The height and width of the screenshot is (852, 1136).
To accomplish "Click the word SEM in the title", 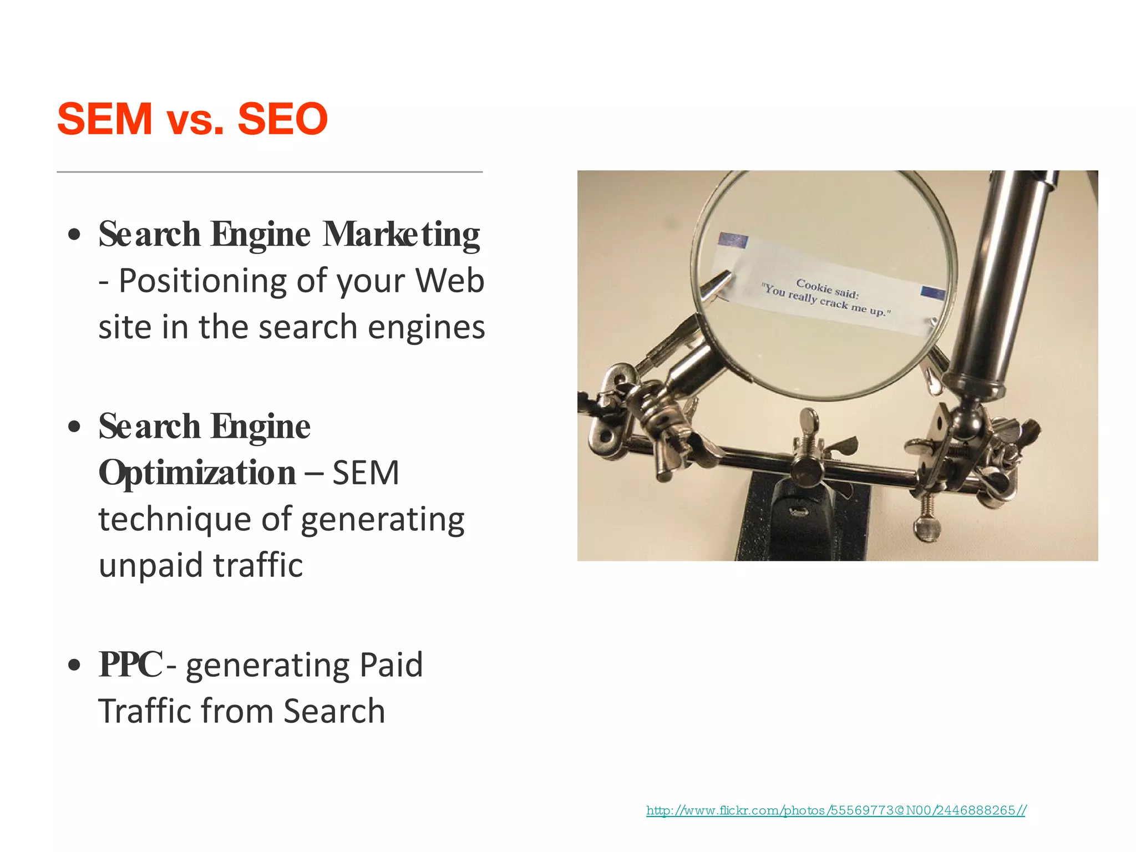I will pos(104,119).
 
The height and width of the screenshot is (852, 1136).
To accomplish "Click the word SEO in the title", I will pos(282,119).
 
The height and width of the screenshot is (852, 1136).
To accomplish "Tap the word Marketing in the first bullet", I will pos(401,234).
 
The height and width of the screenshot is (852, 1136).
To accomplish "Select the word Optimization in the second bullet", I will pos(197,473).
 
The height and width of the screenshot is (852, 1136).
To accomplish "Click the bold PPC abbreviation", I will pos(131,664).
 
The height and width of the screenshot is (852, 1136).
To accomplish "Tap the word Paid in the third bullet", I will pos(391,665).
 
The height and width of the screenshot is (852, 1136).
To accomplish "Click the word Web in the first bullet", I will pos(450,281).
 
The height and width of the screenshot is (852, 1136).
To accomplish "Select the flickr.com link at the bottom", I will pos(835,810).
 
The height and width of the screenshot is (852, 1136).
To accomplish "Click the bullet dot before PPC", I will pos(74,665).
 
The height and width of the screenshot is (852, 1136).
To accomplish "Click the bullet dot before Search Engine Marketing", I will pos(74,235).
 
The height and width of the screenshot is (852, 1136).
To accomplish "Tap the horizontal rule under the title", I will pos(270,172).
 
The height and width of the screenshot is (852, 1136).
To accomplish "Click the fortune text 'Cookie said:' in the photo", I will pos(827,288).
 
